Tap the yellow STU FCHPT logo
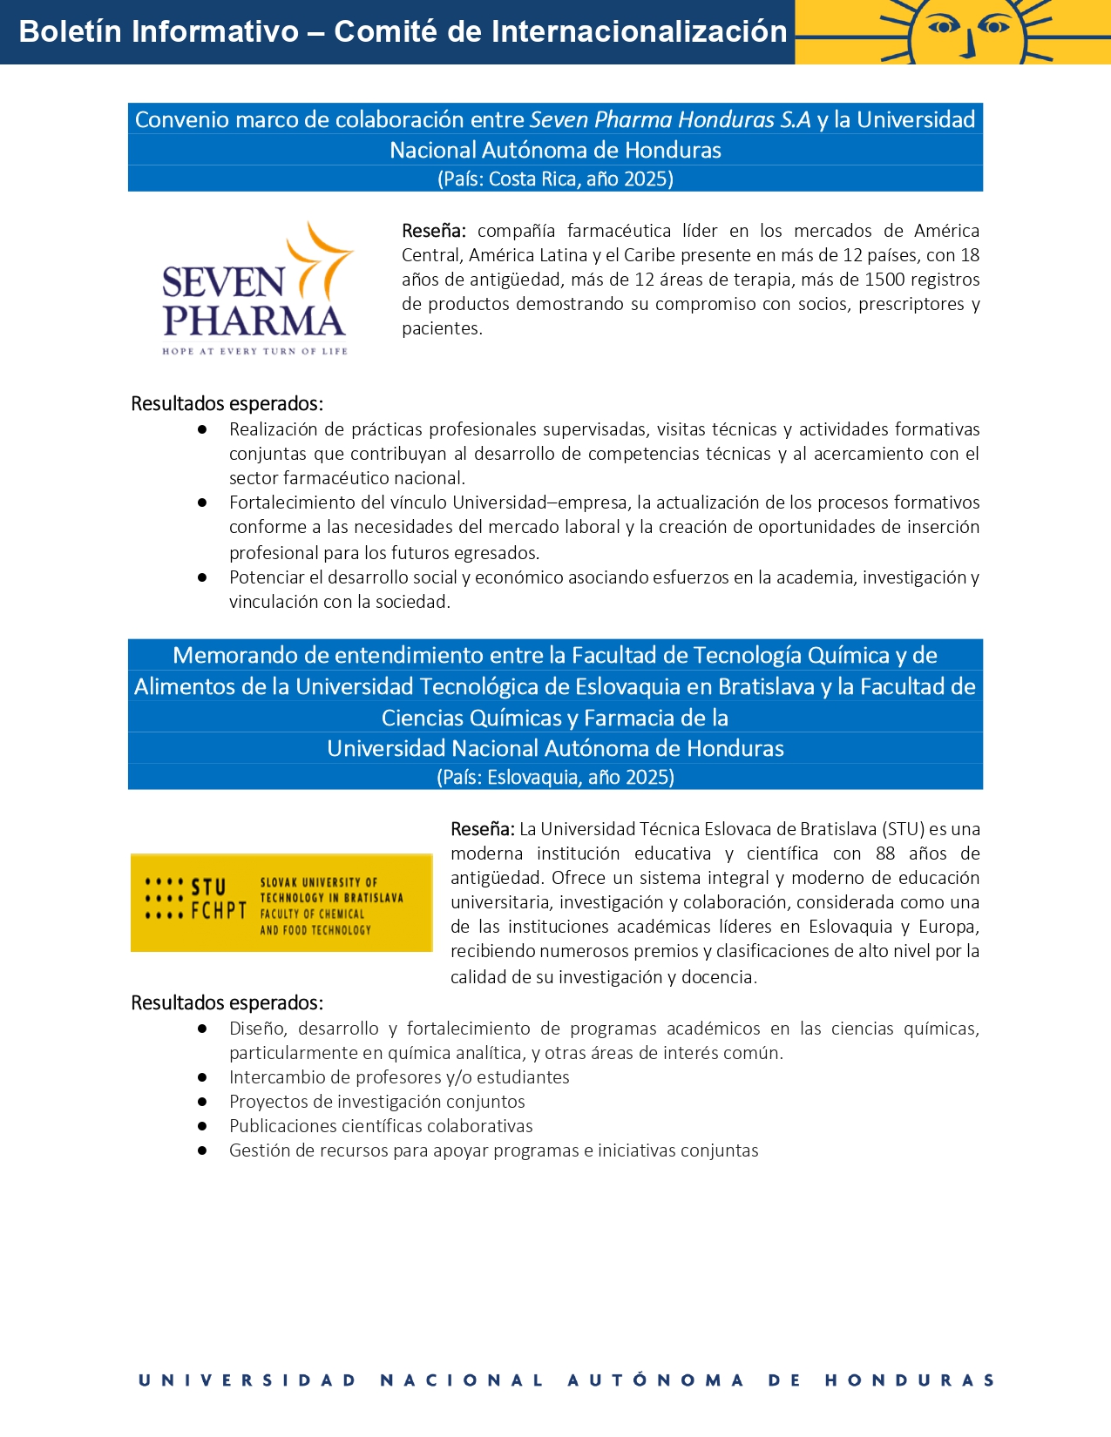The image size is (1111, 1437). coord(281,902)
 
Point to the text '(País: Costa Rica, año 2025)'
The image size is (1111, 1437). coord(555,179)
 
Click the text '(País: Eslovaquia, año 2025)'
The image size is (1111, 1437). coord(555,777)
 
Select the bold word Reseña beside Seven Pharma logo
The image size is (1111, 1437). coord(433,231)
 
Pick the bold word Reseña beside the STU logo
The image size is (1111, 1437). coord(482,829)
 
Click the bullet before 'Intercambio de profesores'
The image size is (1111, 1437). coord(202,1077)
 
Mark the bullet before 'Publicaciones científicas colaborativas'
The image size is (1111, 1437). coord(202,1126)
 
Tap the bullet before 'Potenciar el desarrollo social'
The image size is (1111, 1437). coord(202,577)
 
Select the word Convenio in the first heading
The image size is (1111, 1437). coord(180,119)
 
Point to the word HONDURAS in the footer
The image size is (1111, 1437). coord(910,1380)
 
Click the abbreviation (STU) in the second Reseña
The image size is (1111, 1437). coord(903,829)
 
